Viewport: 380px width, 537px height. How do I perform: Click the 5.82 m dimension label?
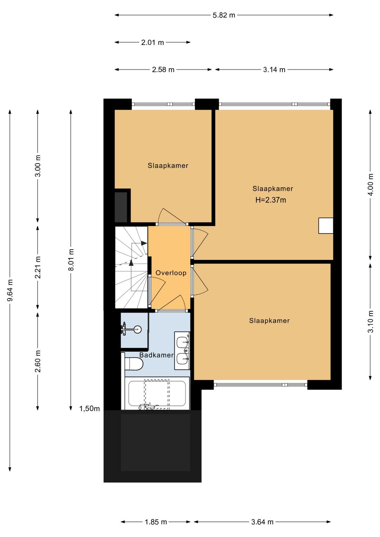pos(224,15)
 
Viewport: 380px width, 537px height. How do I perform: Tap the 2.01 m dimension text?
pos(152,43)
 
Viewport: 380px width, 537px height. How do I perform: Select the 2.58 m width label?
pos(163,70)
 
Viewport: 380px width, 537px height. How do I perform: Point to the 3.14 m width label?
pos(274,70)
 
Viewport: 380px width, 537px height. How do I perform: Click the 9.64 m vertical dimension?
pos(10,290)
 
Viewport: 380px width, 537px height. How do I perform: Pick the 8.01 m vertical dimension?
pos(71,260)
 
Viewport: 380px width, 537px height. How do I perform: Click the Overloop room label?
pos(171,273)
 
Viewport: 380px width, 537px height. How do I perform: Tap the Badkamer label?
pos(156,355)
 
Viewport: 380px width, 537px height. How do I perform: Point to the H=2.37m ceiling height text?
pos(271,200)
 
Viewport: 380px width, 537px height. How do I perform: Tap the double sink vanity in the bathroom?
pos(182,351)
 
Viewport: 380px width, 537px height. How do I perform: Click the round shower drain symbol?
pos(138,329)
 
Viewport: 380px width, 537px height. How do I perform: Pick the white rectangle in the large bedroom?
pos(326,226)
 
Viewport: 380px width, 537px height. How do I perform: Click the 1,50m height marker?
pos(89,409)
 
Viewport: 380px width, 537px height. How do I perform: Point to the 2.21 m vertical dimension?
pos(38,267)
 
